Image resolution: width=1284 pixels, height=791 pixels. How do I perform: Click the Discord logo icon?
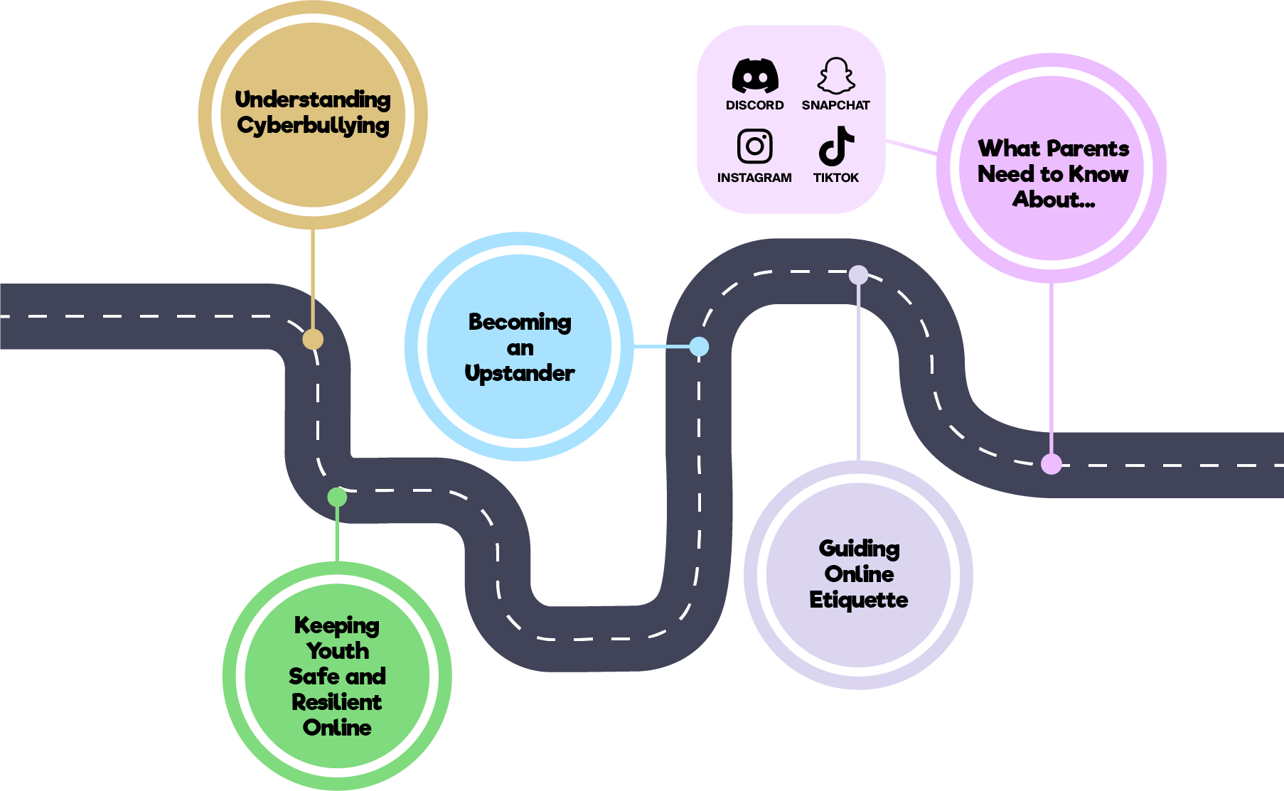point(755,75)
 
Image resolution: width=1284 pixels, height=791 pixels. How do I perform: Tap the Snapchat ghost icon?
point(836,75)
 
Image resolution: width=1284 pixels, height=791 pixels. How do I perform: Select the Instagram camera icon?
point(754,146)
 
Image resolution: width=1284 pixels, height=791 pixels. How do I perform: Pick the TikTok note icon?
point(836,146)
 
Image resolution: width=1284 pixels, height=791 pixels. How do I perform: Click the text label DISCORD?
point(754,105)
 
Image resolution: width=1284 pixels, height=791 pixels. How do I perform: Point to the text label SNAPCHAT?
point(835,105)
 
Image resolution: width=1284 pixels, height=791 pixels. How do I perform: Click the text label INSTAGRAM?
point(754,178)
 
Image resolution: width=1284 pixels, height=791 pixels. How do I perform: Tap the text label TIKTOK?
point(835,178)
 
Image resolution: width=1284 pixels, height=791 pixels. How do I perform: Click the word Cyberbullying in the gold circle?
point(313,126)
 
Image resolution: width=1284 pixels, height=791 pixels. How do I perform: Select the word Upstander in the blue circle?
point(519,373)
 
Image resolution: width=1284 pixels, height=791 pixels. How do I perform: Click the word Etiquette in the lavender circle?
point(858,600)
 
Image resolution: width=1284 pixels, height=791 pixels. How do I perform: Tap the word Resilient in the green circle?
point(336,702)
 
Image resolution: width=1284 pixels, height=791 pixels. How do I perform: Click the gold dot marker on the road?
point(313,339)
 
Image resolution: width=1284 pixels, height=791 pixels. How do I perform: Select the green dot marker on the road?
point(337,497)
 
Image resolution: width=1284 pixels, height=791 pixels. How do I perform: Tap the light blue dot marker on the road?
point(699,346)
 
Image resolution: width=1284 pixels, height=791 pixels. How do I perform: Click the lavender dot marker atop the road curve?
point(858,275)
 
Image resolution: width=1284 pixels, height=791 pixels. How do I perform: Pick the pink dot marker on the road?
point(1051,464)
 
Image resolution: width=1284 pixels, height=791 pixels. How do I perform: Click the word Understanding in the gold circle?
point(313,99)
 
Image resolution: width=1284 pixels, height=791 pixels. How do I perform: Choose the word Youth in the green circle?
point(338,651)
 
